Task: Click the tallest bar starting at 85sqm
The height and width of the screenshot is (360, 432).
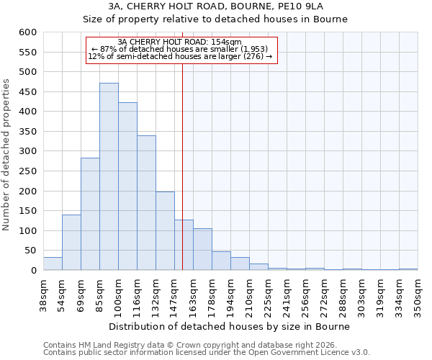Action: tap(109, 176)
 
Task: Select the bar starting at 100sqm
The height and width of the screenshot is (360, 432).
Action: tap(127, 186)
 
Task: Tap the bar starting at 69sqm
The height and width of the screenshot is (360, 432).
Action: tap(90, 214)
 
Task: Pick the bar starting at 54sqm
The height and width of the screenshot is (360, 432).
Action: tap(71, 243)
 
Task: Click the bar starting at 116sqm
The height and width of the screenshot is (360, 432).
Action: tap(146, 203)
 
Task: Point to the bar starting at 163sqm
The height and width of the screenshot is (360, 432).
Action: tap(202, 249)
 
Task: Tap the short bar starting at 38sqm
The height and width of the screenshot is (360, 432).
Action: tap(53, 264)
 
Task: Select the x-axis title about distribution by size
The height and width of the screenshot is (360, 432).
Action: tap(230, 326)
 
